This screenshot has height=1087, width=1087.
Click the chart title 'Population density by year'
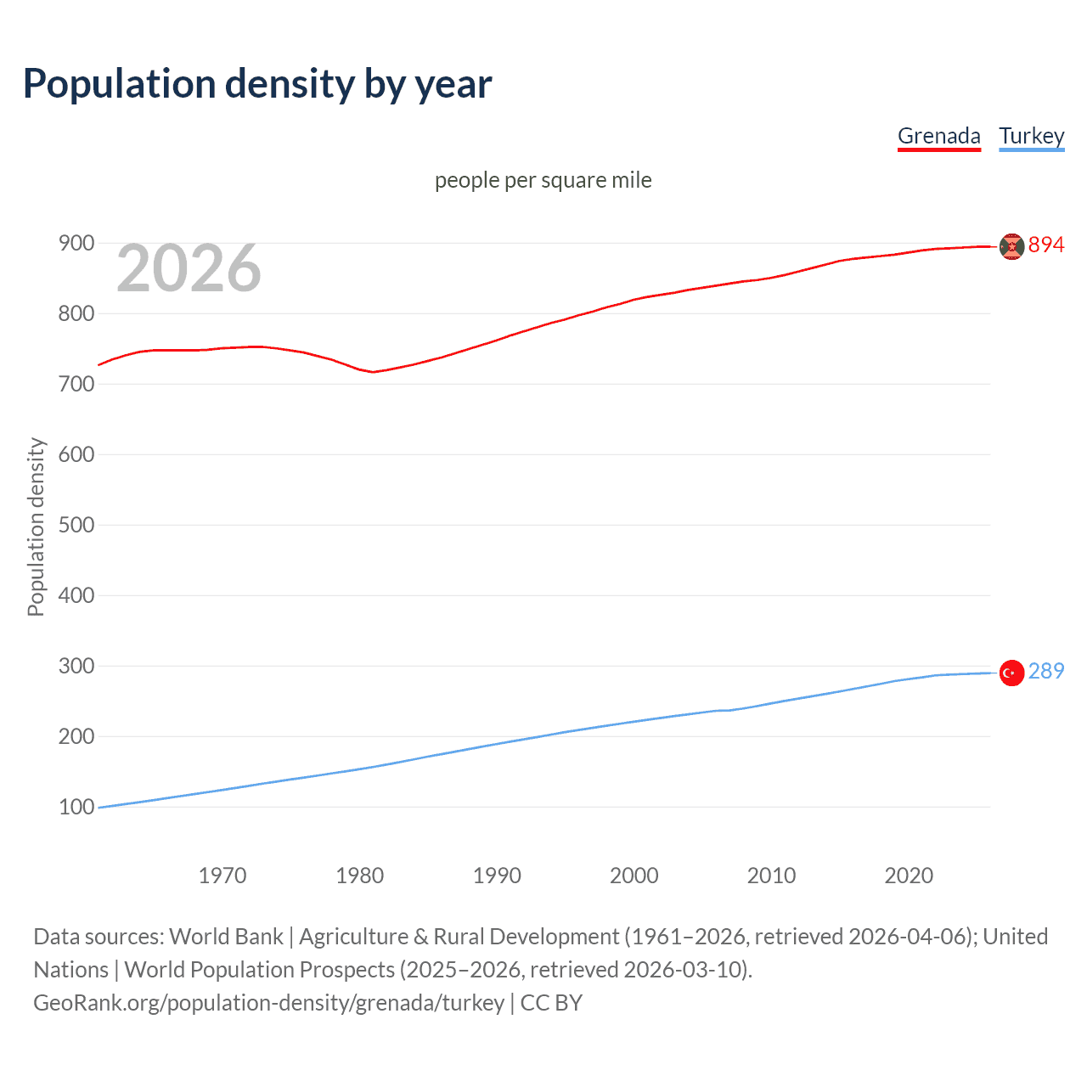(x=257, y=84)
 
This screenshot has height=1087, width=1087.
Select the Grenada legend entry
(x=938, y=136)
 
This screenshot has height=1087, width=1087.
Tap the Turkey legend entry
(x=1031, y=136)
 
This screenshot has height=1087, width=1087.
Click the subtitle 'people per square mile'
(x=543, y=180)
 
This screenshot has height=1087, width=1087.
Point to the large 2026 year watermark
(x=189, y=268)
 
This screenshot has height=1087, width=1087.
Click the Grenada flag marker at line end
(x=1011, y=246)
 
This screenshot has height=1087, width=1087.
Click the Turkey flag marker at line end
(x=1011, y=673)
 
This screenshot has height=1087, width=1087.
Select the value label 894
(x=1045, y=245)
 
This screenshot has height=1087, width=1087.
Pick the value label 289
(x=1045, y=671)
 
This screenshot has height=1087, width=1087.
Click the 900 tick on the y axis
(x=76, y=243)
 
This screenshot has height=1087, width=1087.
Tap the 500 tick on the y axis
(x=76, y=525)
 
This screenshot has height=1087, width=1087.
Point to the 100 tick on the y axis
(x=76, y=807)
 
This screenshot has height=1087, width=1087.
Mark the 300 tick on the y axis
(x=76, y=666)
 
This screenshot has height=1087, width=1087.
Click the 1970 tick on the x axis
(x=222, y=875)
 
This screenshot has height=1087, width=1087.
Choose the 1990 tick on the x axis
(x=497, y=875)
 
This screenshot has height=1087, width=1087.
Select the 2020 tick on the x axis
(x=909, y=875)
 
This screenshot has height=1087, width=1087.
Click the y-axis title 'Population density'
(x=36, y=527)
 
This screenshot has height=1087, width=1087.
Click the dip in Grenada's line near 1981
(x=372, y=372)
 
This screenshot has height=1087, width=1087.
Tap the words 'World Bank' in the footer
(x=226, y=936)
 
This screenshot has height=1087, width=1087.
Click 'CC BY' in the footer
(x=551, y=1002)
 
